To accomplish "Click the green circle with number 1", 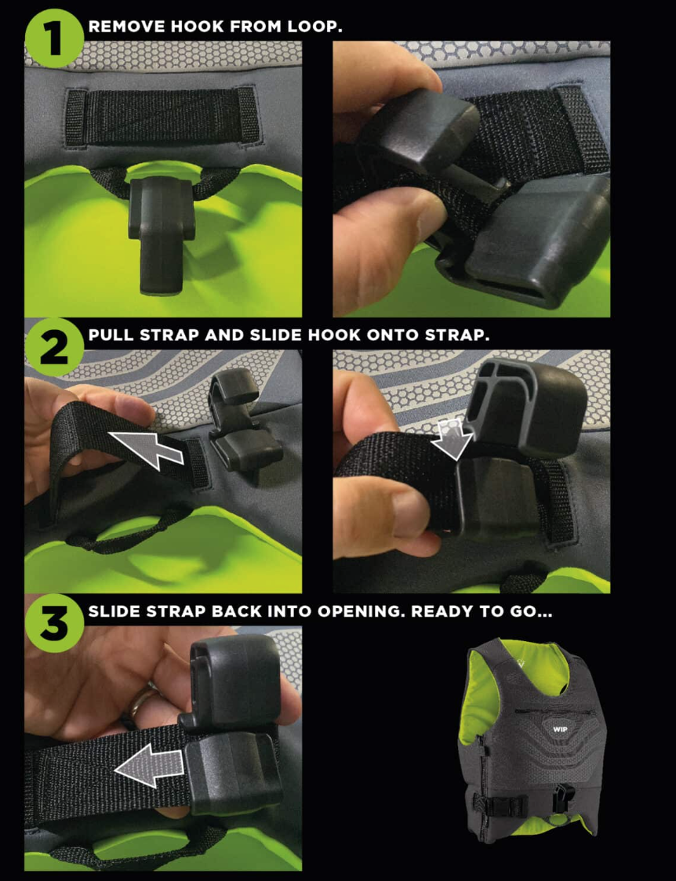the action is (55, 38).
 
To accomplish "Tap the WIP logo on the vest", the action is (560, 729).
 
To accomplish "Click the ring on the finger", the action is (138, 702).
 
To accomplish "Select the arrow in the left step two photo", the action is (145, 449).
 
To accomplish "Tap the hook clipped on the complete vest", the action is (562, 798).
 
